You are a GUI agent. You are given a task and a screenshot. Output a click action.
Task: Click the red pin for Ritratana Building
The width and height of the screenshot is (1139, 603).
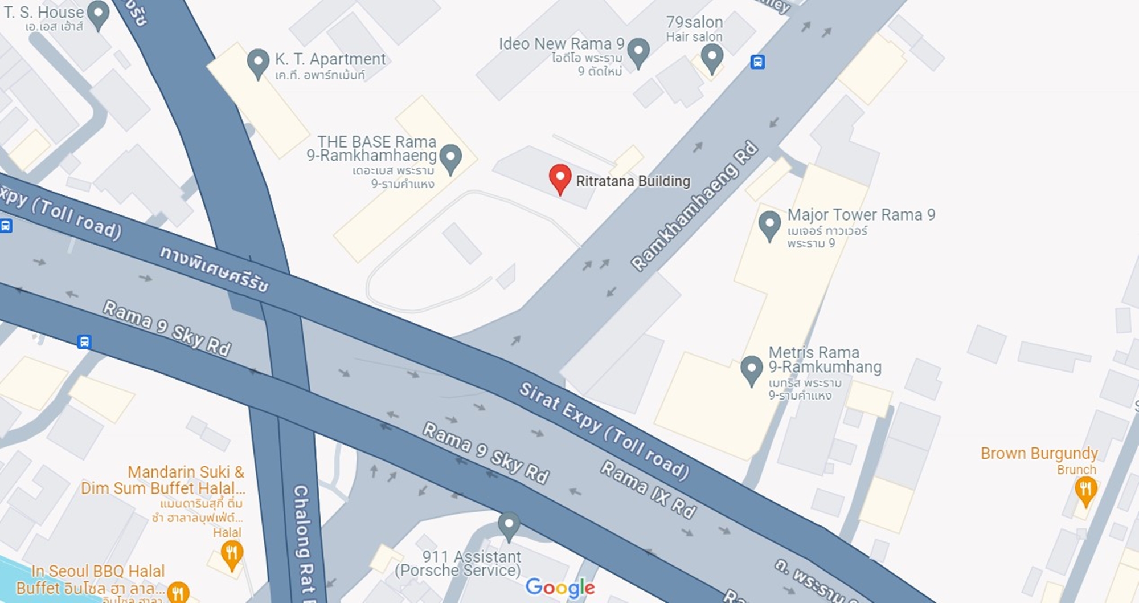tap(560, 178)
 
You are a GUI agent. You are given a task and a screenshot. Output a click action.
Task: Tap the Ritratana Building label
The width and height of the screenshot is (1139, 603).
tap(633, 181)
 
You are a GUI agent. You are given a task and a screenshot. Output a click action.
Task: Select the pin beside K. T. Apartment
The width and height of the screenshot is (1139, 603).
tap(258, 62)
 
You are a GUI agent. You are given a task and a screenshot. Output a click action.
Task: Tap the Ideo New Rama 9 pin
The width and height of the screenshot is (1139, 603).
tap(638, 51)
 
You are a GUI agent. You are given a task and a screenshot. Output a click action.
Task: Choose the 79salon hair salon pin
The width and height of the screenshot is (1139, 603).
tap(711, 57)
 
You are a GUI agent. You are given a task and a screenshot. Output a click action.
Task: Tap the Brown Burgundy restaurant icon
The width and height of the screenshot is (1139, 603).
tap(1085, 490)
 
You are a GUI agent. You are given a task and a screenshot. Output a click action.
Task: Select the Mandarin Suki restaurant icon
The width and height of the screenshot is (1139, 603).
tap(231, 553)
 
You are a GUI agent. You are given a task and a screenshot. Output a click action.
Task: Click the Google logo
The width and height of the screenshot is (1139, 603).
tap(560, 588)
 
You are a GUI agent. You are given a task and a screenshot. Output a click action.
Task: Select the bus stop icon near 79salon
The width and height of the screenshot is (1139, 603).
tap(757, 62)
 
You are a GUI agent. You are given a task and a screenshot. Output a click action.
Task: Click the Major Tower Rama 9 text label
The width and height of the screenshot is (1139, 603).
tap(861, 215)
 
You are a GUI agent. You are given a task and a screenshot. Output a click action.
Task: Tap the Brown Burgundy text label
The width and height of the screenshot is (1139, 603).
tap(1039, 454)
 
